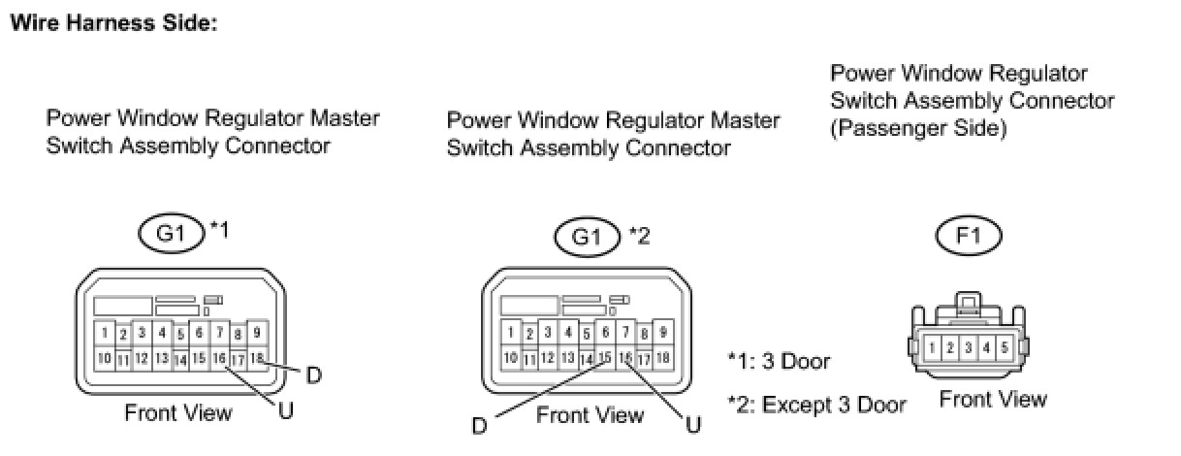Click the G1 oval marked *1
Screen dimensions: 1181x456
coord(172,233)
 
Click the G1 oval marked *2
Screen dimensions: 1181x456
coord(588,237)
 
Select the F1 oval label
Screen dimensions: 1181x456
coord(969,236)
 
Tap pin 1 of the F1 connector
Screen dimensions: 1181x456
coord(932,347)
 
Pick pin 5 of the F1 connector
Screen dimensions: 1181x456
coord(1004,347)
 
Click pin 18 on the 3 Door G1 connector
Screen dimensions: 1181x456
coord(257,358)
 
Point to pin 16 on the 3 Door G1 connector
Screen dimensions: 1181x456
coord(219,358)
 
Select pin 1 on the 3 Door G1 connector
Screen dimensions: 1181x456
coord(105,333)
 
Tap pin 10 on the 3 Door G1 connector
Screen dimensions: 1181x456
coord(105,358)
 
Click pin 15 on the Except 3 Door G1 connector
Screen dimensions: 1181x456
coord(605,358)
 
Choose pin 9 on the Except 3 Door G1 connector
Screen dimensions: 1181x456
coord(663,332)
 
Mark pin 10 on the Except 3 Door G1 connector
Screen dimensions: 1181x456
coord(510,358)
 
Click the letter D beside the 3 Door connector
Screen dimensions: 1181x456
coord(314,375)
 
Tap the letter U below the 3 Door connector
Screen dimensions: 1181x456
coord(286,410)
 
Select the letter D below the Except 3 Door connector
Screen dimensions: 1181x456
coord(479,425)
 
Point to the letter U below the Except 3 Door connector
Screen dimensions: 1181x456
coord(694,424)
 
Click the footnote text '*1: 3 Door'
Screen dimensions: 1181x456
coord(779,362)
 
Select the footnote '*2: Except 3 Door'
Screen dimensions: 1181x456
coord(816,405)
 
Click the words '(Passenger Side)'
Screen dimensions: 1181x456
coord(918,129)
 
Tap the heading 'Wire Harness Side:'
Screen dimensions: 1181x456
coord(113,23)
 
